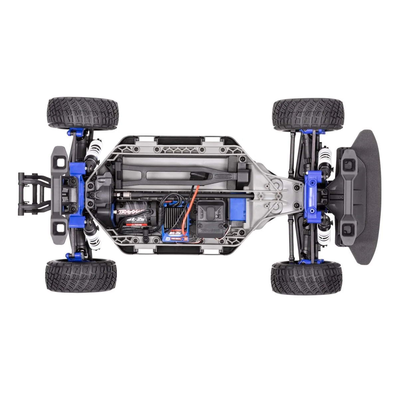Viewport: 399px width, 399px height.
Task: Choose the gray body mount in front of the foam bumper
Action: [347, 196]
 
